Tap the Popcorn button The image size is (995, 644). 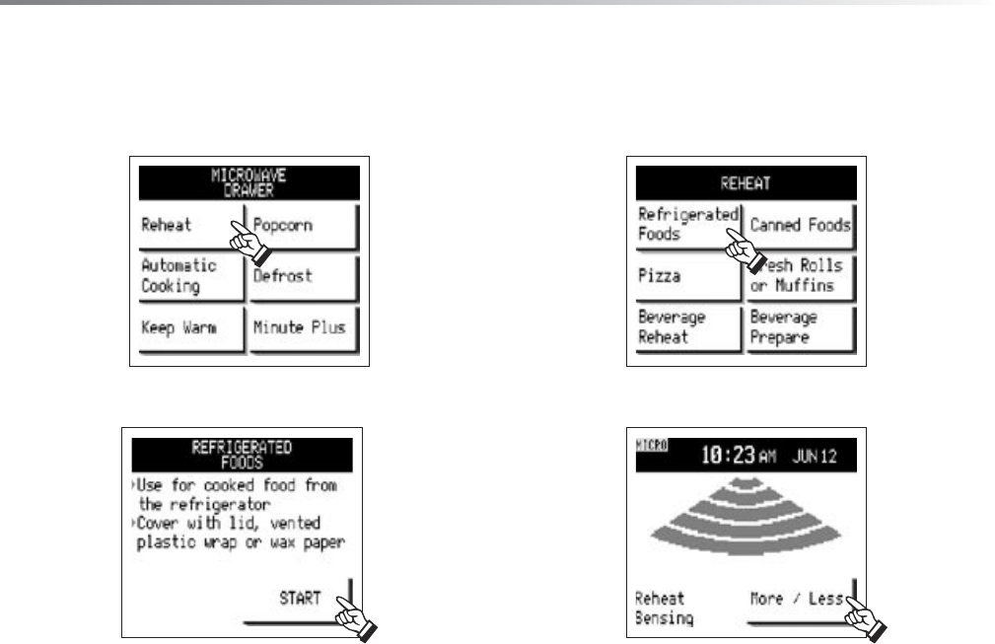(302, 226)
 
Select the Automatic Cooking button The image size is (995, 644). (189, 276)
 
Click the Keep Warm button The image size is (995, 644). (189, 327)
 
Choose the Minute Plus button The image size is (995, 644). (302, 327)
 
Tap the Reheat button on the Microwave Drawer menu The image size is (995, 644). (189, 226)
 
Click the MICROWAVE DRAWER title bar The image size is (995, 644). (248, 182)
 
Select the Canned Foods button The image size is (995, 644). (800, 226)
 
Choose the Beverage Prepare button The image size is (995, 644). (800, 327)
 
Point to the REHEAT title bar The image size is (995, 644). (746, 182)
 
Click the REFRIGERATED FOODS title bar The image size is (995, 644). (242, 452)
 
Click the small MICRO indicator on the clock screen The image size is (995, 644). (653, 447)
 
